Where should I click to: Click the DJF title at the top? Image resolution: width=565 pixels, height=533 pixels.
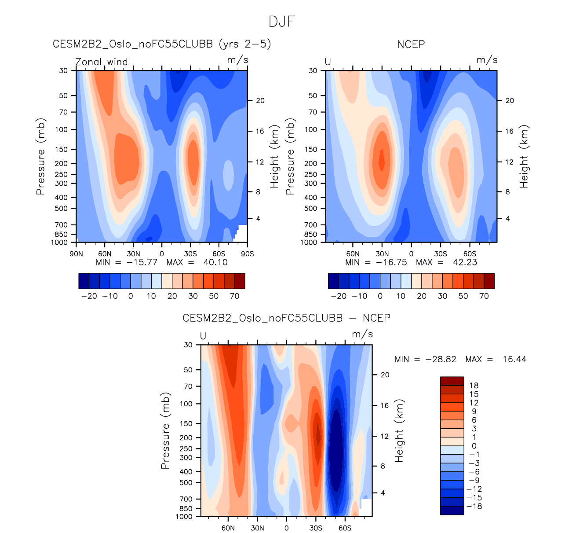click(x=282, y=22)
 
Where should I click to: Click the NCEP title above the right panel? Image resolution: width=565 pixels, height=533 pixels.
click(x=411, y=44)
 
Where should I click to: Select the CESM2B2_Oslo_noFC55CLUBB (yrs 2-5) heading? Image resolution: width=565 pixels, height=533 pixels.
click(x=162, y=44)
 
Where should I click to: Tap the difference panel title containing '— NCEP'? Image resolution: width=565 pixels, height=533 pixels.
click(x=286, y=318)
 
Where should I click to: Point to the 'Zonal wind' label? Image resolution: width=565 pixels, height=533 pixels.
click(x=102, y=62)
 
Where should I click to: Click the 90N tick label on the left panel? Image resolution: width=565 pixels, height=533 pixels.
click(x=76, y=254)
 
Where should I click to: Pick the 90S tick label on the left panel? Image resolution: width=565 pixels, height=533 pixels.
click(x=248, y=254)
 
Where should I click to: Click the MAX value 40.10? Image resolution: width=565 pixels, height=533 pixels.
click(x=215, y=262)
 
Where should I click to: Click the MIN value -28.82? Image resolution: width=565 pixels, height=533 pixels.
click(x=441, y=360)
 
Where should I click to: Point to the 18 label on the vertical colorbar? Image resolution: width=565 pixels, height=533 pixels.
click(x=474, y=386)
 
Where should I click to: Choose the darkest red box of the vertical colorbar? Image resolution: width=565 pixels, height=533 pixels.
click(x=452, y=381)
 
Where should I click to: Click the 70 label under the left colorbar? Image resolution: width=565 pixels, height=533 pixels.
click(x=235, y=296)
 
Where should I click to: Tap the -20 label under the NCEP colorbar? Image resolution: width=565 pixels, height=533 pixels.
click(x=339, y=296)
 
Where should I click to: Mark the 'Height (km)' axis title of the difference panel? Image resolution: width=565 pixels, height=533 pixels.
click(x=399, y=431)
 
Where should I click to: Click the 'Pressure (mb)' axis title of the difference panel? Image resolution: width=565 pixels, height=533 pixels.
click(x=165, y=431)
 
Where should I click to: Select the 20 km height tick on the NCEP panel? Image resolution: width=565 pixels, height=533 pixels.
click(x=510, y=100)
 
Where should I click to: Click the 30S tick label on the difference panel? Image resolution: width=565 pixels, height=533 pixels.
click(x=316, y=528)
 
